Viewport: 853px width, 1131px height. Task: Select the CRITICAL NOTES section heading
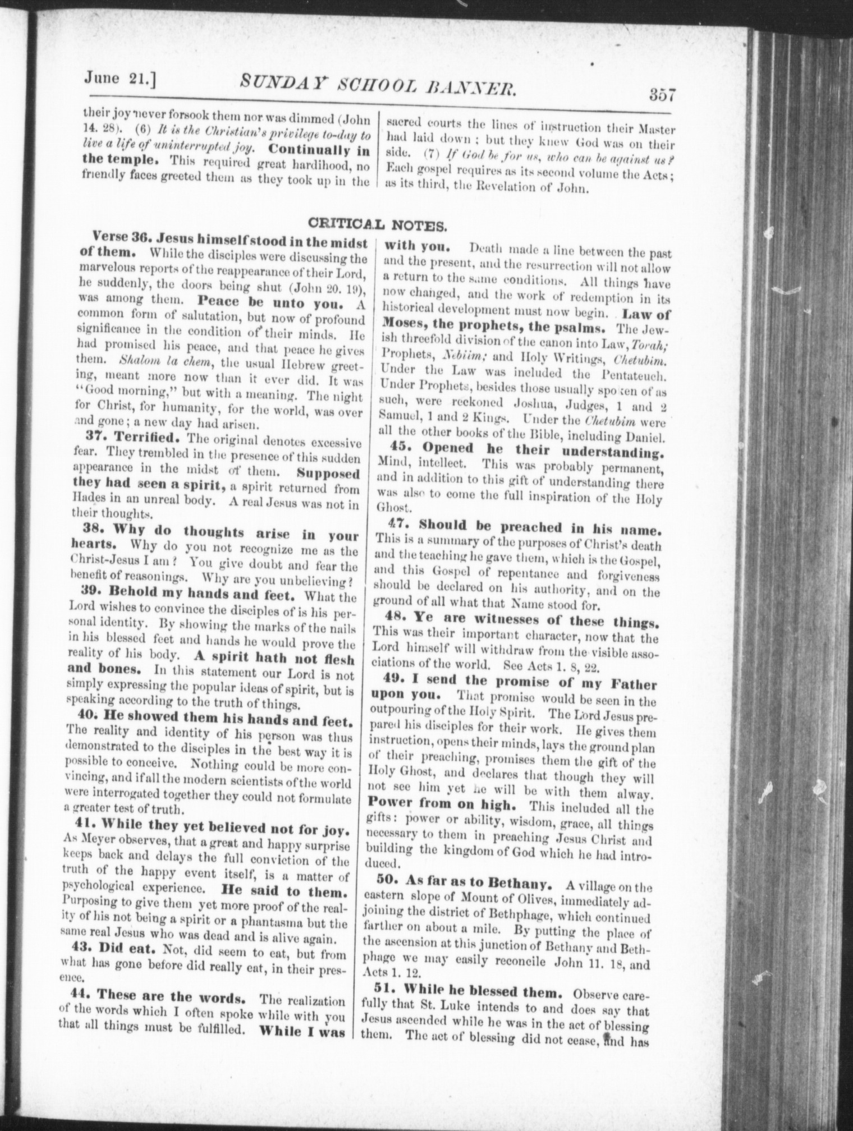coord(378,226)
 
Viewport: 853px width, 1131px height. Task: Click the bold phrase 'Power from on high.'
coord(444,804)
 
